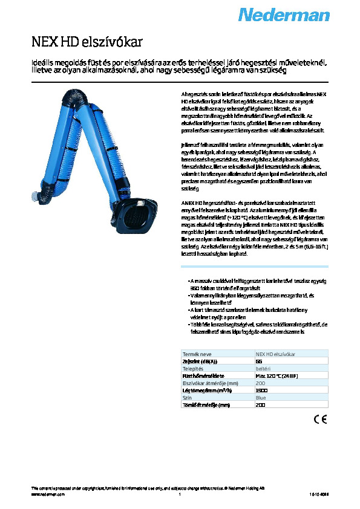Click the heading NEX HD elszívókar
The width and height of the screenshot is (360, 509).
pyautogui.click(x=88, y=42)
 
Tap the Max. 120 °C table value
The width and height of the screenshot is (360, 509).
pyautogui.click(x=276, y=375)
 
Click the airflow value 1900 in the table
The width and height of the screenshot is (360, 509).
pyautogui.click(x=261, y=391)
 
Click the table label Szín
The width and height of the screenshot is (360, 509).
pyautogui.click(x=187, y=398)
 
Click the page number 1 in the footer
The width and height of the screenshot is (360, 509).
pyautogui.click(x=180, y=494)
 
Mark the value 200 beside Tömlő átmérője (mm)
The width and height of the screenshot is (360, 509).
pyautogui.click(x=261, y=405)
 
